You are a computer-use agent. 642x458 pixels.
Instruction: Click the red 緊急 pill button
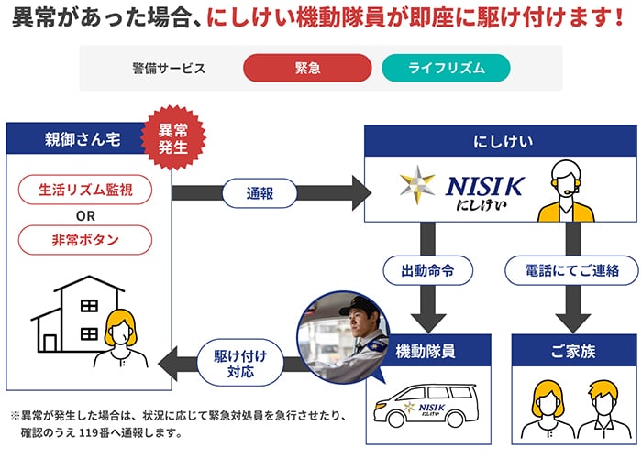(x=307, y=68)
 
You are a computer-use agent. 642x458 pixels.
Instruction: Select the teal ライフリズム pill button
(x=446, y=68)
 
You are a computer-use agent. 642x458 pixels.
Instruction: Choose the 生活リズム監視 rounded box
(x=85, y=191)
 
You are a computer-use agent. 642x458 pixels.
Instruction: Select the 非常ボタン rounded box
(x=85, y=240)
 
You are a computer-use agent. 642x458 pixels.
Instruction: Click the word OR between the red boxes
(x=85, y=215)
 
